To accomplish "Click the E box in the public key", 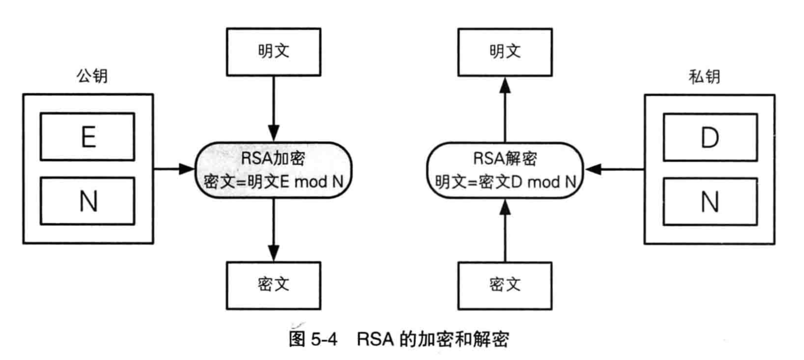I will click(x=87, y=137).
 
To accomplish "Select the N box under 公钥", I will click(x=87, y=201).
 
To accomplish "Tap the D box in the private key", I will click(x=710, y=138).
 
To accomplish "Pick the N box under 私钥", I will click(x=710, y=202).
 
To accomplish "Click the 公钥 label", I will click(x=92, y=75).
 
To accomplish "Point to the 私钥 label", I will click(x=704, y=76).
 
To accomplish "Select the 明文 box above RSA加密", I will click(x=273, y=52).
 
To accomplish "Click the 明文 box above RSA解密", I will click(x=505, y=52).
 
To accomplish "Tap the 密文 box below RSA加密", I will click(x=273, y=285).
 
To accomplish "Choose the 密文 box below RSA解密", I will click(x=505, y=285).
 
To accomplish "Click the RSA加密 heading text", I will click(x=273, y=158).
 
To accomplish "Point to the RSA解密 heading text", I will click(x=505, y=158).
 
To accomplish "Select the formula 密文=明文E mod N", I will click(x=274, y=182).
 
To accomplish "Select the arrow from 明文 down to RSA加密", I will click(x=273, y=108).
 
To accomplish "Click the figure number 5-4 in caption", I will click(x=324, y=339).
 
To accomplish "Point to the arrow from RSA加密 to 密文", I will click(x=273, y=229).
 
